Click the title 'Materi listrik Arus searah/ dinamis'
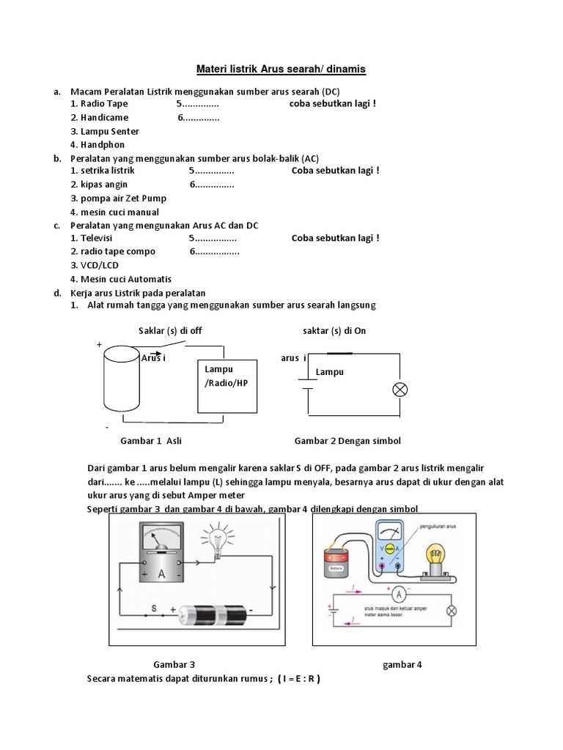pos(281,70)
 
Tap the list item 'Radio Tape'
pos(99,104)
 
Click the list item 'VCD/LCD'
pos(92,265)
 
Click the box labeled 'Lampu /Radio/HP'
pos(226,385)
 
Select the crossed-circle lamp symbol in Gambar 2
pos(400,390)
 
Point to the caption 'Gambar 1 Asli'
pos(151,441)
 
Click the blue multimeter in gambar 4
pos(389,546)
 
